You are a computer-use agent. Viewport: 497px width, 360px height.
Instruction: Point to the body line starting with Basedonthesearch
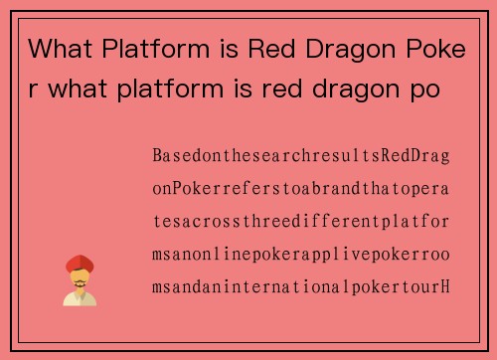[x=301, y=157]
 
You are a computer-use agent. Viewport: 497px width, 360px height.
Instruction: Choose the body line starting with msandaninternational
[x=301, y=288]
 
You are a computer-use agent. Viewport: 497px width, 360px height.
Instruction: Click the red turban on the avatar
[x=80, y=265]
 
